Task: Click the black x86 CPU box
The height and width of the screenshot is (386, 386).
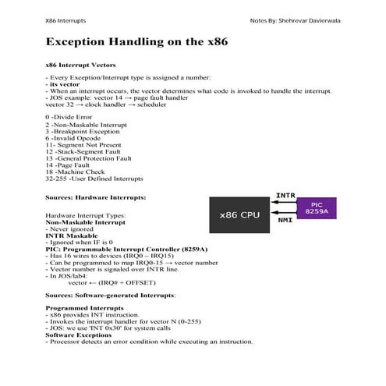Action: click(x=239, y=214)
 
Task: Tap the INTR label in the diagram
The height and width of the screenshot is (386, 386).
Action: click(x=284, y=195)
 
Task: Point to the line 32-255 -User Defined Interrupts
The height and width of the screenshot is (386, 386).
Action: click(x=94, y=179)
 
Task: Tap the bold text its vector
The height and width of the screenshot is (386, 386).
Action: click(x=65, y=85)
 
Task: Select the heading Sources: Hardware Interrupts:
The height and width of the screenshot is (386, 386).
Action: click(x=96, y=198)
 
